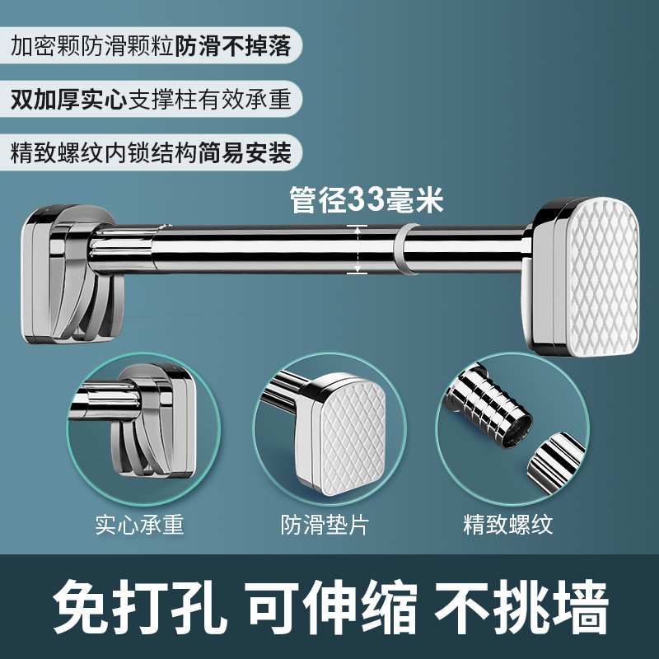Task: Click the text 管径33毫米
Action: coord(367,200)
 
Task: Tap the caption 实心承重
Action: coord(138,524)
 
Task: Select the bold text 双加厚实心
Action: coord(67,100)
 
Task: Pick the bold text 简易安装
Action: coord(245,153)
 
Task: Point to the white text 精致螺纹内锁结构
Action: coord(104,153)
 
